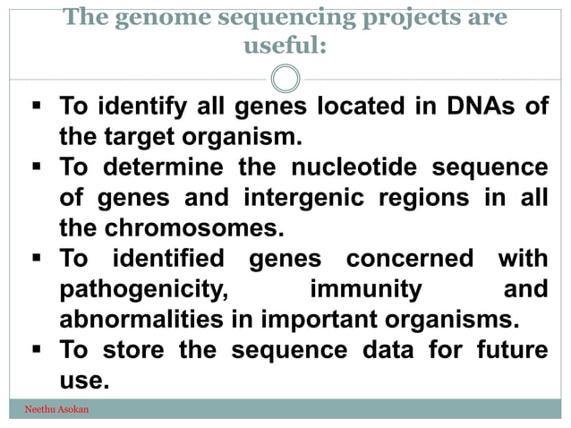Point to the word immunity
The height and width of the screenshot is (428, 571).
[365, 288]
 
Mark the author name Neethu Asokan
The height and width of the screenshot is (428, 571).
[55, 410]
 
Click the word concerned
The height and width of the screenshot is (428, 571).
[410, 258]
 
